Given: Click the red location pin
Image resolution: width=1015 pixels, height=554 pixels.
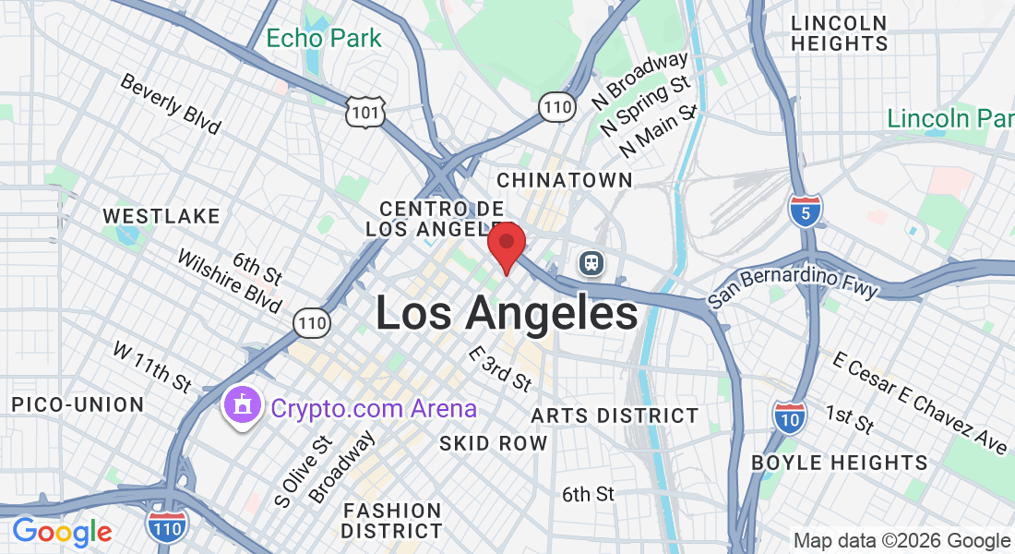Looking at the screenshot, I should pyautogui.click(x=507, y=244).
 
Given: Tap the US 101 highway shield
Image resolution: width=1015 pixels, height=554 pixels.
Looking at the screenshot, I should pyautogui.click(x=365, y=112).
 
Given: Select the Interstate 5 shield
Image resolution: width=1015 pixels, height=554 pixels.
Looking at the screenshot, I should pyautogui.click(x=806, y=211).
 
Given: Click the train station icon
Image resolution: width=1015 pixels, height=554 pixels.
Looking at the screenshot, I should pyautogui.click(x=591, y=263).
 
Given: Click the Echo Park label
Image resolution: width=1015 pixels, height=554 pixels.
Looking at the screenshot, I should pyautogui.click(x=323, y=39).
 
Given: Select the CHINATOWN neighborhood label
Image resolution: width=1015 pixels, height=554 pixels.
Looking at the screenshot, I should pyautogui.click(x=565, y=179).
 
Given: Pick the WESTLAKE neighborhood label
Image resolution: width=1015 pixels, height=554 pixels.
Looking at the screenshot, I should pyautogui.click(x=161, y=216).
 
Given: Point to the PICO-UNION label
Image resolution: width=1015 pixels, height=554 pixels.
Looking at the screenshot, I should pyautogui.click(x=78, y=404).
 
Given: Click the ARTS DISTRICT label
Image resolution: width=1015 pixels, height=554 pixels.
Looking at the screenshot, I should pyautogui.click(x=615, y=415).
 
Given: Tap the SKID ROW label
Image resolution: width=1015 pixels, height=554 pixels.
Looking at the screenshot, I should pyautogui.click(x=493, y=443).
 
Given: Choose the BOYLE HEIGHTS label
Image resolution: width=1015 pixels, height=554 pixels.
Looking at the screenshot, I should pyautogui.click(x=839, y=463).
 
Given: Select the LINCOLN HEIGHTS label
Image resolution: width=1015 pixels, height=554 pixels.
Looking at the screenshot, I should pyautogui.click(x=839, y=33).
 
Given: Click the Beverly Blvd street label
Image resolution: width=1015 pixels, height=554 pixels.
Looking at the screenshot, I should pyautogui.click(x=171, y=102).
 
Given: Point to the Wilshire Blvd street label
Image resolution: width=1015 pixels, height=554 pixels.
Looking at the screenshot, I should pyautogui.click(x=230, y=282).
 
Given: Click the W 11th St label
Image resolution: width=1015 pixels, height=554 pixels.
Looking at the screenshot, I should pyautogui.click(x=152, y=365).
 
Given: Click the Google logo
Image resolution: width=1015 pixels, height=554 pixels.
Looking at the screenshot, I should pyautogui.click(x=62, y=532).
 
